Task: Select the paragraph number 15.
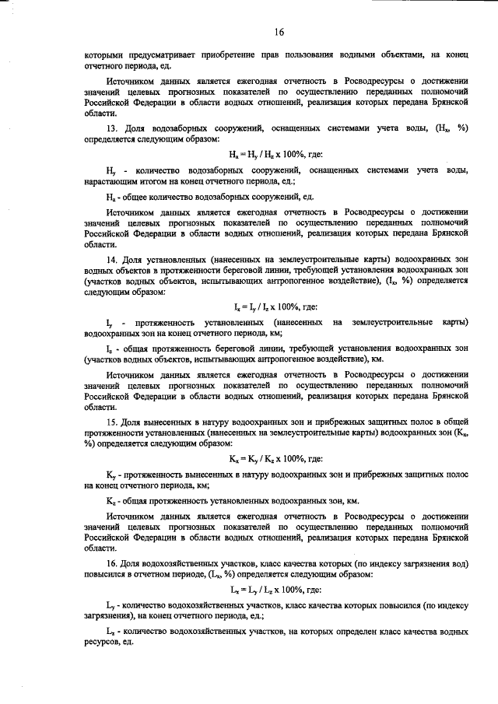[110, 422]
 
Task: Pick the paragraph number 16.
[110, 562]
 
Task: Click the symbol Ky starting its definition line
[110, 473]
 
